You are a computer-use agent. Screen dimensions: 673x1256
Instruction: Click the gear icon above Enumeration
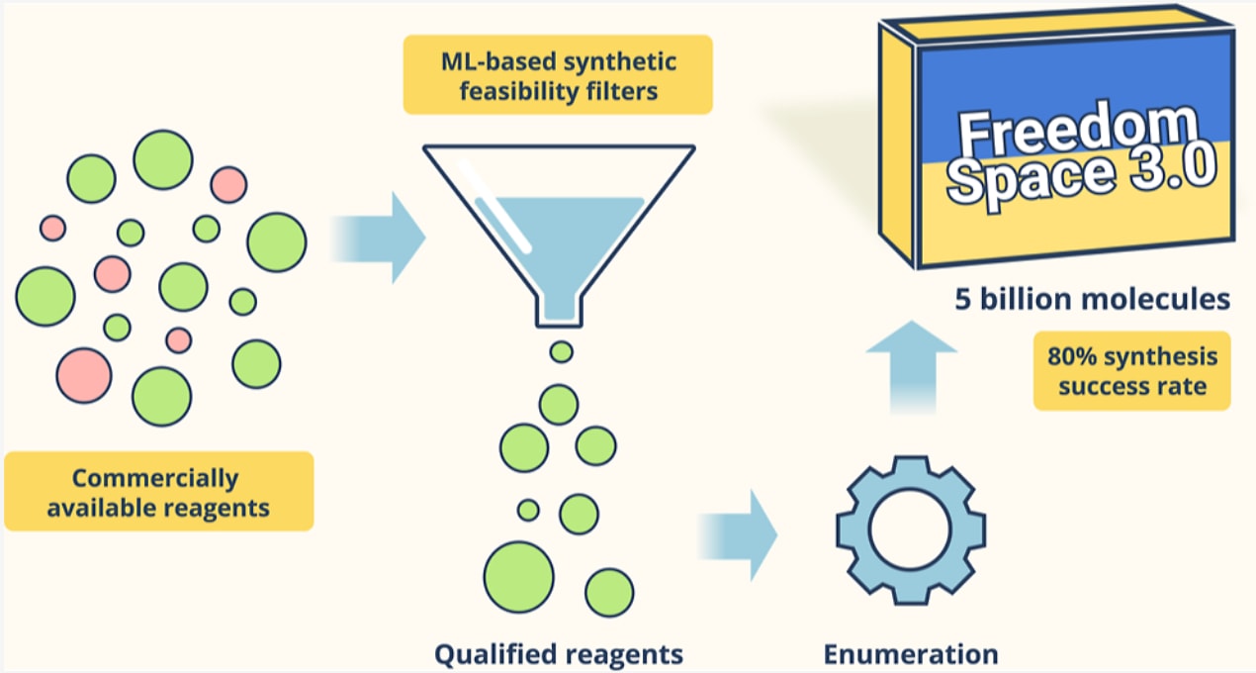pos(911,529)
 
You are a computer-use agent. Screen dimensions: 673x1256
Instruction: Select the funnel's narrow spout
pos(560,308)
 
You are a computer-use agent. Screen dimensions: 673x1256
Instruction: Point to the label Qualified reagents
pos(559,653)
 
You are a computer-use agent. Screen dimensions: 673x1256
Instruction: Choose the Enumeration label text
pos(911,653)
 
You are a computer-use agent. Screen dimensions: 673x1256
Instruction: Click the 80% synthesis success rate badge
pos(1131,370)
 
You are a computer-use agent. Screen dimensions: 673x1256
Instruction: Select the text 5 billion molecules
pos(1093,299)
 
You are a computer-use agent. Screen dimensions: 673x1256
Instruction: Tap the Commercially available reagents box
pos(158,492)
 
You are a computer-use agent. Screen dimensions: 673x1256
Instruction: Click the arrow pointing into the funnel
pos(381,238)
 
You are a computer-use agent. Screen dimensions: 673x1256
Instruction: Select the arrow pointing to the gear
pos(742,534)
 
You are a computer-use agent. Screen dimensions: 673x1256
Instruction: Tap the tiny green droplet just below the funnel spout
pos(561,350)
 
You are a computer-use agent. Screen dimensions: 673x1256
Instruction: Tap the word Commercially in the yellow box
pos(155,478)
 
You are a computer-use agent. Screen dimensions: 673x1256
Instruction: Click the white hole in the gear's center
pos(911,530)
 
